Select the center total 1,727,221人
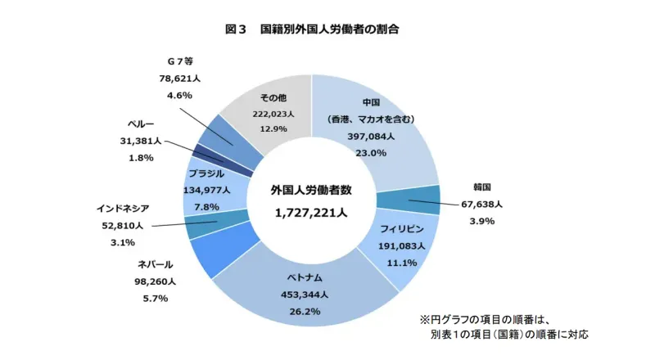tap(310, 211)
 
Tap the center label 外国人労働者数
tap(310, 190)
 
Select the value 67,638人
tap(483, 204)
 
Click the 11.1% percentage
tap(403, 263)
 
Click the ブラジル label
tap(206, 173)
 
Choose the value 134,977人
tap(206, 190)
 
